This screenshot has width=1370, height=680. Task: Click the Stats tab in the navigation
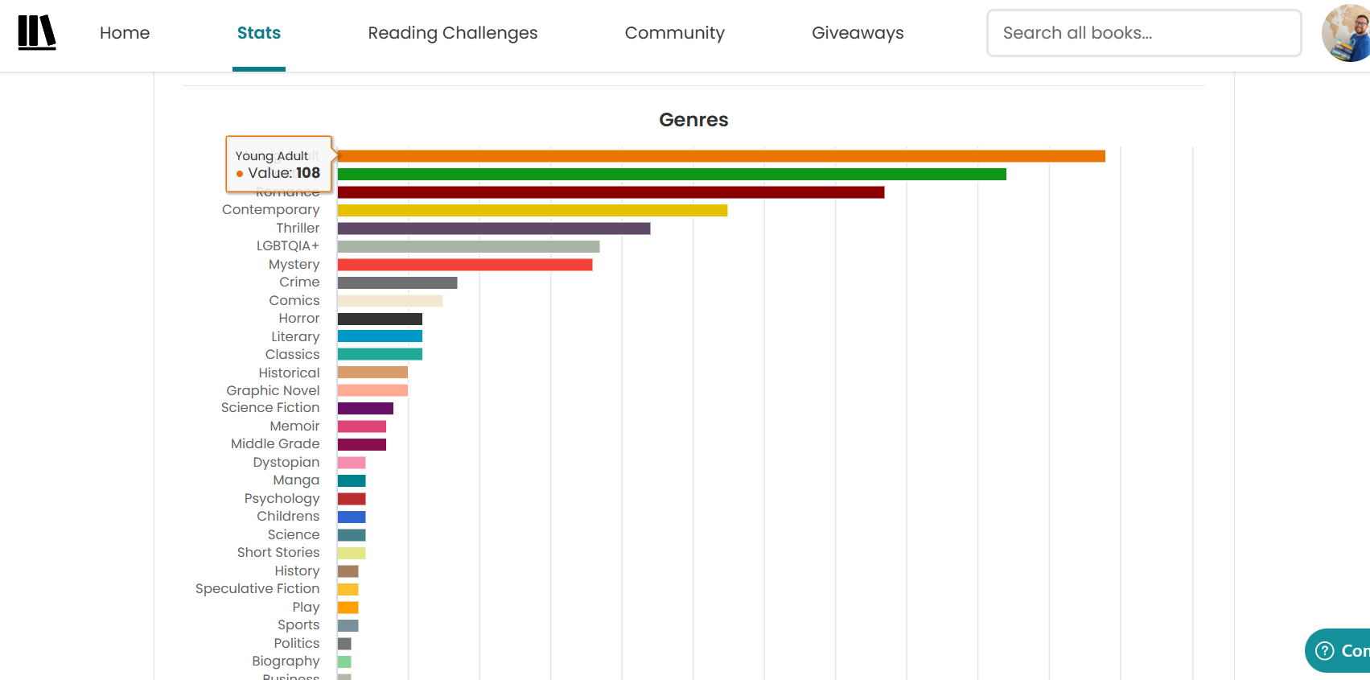pyautogui.click(x=258, y=33)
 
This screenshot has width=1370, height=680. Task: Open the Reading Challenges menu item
pyautogui.click(x=452, y=33)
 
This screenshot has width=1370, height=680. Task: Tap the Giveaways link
pyautogui.click(x=858, y=33)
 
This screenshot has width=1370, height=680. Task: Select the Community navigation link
pyautogui.click(x=674, y=33)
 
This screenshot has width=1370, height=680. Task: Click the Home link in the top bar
pyautogui.click(x=125, y=33)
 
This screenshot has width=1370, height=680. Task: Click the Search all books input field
pyautogui.click(x=1143, y=33)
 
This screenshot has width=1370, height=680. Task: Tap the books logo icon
pyautogui.click(x=37, y=33)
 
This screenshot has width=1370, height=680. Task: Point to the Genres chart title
pyautogui.click(x=693, y=120)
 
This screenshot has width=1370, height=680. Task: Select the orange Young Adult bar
pyautogui.click(x=721, y=156)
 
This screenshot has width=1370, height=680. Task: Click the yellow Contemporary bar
pyautogui.click(x=532, y=210)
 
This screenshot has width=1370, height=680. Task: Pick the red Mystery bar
pyautogui.click(x=464, y=265)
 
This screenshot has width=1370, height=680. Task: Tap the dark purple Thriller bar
pyautogui.click(x=493, y=229)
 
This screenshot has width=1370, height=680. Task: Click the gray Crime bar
pyautogui.click(x=397, y=282)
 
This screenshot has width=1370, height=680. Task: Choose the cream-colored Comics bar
pyautogui.click(x=389, y=301)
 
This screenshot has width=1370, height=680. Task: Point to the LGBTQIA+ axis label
pyautogui.click(x=287, y=246)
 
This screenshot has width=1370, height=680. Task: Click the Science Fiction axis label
pyautogui.click(x=269, y=408)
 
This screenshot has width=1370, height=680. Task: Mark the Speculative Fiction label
pyautogui.click(x=257, y=589)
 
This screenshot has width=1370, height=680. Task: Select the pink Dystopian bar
pyautogui.click(x=351, y=463)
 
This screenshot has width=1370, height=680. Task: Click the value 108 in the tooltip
pyautogui.click(x=307, y=173)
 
